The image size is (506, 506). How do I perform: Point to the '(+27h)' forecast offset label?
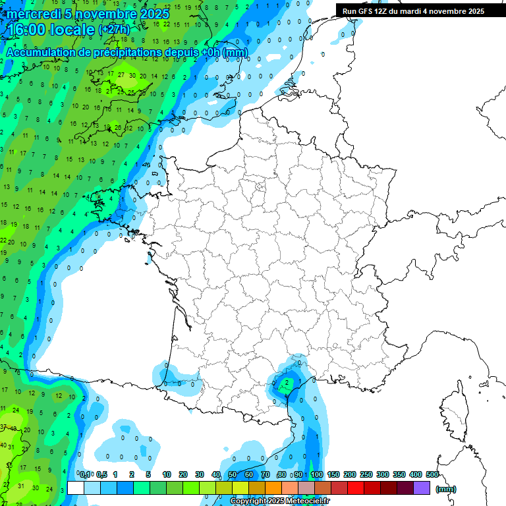(113, 30)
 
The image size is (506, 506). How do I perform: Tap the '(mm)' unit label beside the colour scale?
(445, 489)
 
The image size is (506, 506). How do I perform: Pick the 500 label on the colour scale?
(432, 474)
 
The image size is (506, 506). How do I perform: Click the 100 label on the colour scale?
(317, 474)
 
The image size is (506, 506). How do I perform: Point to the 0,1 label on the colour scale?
(85, 474)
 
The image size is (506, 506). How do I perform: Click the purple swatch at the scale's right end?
(422, 488)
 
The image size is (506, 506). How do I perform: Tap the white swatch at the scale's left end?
(76, 488)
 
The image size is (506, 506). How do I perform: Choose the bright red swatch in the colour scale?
(356, 488)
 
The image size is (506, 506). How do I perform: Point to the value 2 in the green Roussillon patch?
(287, 382)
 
